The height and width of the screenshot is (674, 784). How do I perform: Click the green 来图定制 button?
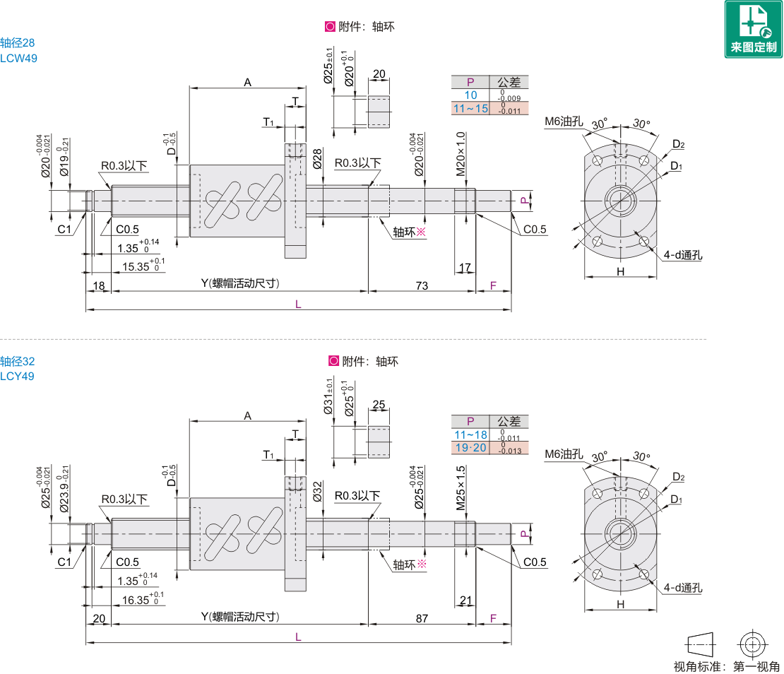pyautogui.click(x=753, y=29)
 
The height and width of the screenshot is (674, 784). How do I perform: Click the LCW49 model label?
pyautogui.click(x=19, y=58)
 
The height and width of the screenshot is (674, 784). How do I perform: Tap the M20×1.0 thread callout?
pyautogui.click(x=461, y=154)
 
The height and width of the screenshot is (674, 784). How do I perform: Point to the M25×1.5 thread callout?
pyautogui.click(x=461, y=487)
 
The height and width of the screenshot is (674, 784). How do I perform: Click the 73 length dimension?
pyautogui.click(x=422, y=285)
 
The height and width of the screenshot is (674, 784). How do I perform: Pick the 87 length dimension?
pyautogui.click(x=422, y=618)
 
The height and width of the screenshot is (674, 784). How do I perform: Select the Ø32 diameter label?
pyautogui.click(x=317, y=492)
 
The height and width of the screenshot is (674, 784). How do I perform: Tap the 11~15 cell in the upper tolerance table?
pyautogui.click(x=470, y=108)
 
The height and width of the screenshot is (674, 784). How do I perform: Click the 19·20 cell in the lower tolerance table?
pyautogui.click(x=470, y=448)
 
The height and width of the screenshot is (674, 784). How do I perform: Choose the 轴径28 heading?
pyautogui.click(x=18, y=43)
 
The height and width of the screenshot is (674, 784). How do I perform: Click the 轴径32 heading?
pyautogui.click(x=18, y=361)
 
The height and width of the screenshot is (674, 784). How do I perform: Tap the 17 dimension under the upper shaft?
pyautogui.click(x=465, y=268)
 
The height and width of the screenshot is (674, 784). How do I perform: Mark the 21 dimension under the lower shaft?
pyautogui.click(x=465, y=601)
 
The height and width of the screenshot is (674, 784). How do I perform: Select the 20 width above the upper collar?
pyautogui.click(x=379, y=75)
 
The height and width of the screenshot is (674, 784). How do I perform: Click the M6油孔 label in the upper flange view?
pyautogui.click(x=563, y=122)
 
